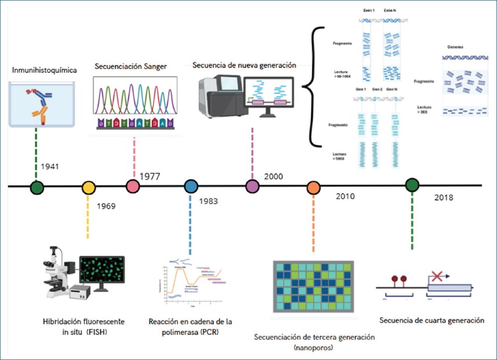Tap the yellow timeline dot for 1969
[x=88, y=188]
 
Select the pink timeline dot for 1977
[x=133, y=186]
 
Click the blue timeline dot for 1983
[x=190, y=187]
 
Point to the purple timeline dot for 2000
[x=252, y=186]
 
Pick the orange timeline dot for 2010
[x=313, y=188]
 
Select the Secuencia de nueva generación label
[x=244, y=65]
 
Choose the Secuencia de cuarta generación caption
[x=432, y=321]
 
